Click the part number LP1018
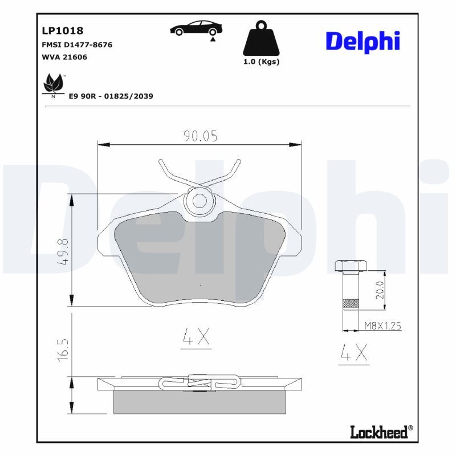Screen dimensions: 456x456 (x=63, y=30)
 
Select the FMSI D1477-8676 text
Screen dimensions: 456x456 (x=77, y=44)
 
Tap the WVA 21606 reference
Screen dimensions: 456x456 (x=64, y=57)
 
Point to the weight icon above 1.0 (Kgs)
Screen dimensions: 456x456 (x=262, y=39)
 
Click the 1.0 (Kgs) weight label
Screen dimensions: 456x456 (x=262, y=62)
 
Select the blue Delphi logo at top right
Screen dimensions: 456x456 (x=362, y=40)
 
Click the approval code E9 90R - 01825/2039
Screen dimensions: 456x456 (x=111, y=96)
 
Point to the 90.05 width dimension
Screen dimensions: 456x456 (x=200, y=136)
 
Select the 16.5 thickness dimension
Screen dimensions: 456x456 (x=64, y=349)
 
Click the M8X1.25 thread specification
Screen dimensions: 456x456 (x=383, y=326)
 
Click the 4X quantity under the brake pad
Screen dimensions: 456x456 (x=197, y=338)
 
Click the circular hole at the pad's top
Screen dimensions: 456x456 (x=199, y=200)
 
